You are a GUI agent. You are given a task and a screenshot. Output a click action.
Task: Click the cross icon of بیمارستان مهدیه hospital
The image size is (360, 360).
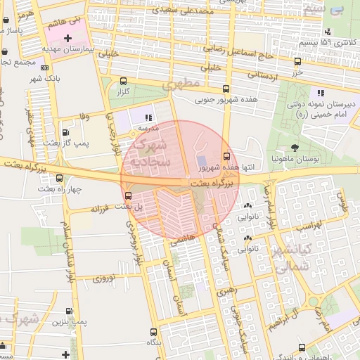point(67,37)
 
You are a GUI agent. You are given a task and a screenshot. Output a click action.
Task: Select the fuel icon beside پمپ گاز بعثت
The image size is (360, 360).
point(65,131)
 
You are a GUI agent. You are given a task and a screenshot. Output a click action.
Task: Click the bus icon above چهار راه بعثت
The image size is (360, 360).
point(60,178)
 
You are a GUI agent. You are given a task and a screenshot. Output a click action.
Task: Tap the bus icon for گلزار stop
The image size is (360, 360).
point(124,81)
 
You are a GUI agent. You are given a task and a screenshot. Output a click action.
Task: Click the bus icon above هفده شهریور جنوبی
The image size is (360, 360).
point(226,89)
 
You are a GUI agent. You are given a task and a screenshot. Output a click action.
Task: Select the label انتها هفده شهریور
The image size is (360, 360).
point(204,167)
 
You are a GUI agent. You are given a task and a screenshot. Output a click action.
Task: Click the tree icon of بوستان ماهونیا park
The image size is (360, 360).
point(295,148)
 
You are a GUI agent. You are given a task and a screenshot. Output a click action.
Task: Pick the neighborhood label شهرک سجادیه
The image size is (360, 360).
point(150,155)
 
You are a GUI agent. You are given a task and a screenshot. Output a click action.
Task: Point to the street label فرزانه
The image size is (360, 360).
point(103,209)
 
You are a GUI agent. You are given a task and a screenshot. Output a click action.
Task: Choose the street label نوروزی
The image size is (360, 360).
point(103,278)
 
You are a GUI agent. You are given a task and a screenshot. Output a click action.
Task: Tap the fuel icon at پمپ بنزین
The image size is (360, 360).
point(69,311)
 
